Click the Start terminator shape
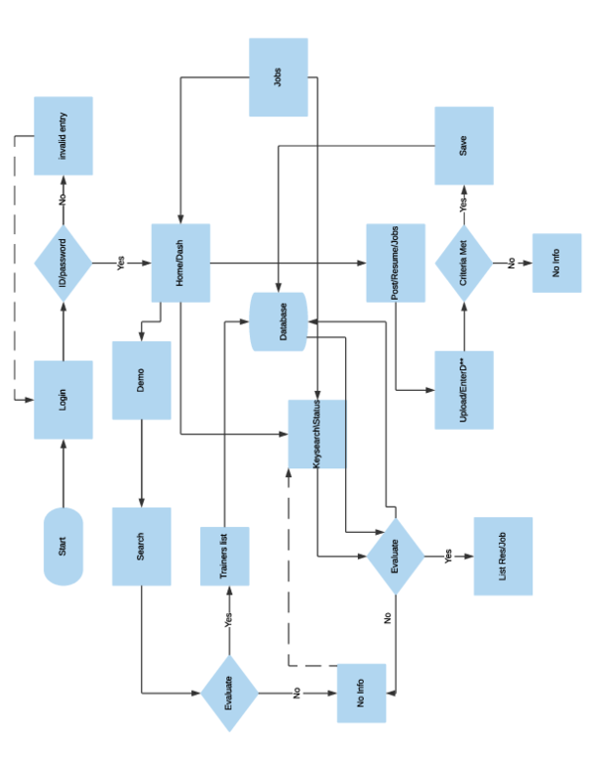(63, 546)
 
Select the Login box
(63, 400)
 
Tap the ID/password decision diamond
(63, 263)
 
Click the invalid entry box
(63, 136)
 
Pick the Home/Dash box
(180, 263)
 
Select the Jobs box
(278, 76)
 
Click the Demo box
(142, 380)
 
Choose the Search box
(142, 546)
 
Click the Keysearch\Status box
(317, 434)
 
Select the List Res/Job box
(503, 556)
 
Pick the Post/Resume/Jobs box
(396, 263)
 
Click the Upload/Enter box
(464, 390)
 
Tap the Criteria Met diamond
(464, 263)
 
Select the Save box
(464, 146)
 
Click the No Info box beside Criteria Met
(556, 263)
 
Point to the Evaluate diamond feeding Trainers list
(229, 693)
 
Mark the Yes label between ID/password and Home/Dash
(122, 264)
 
